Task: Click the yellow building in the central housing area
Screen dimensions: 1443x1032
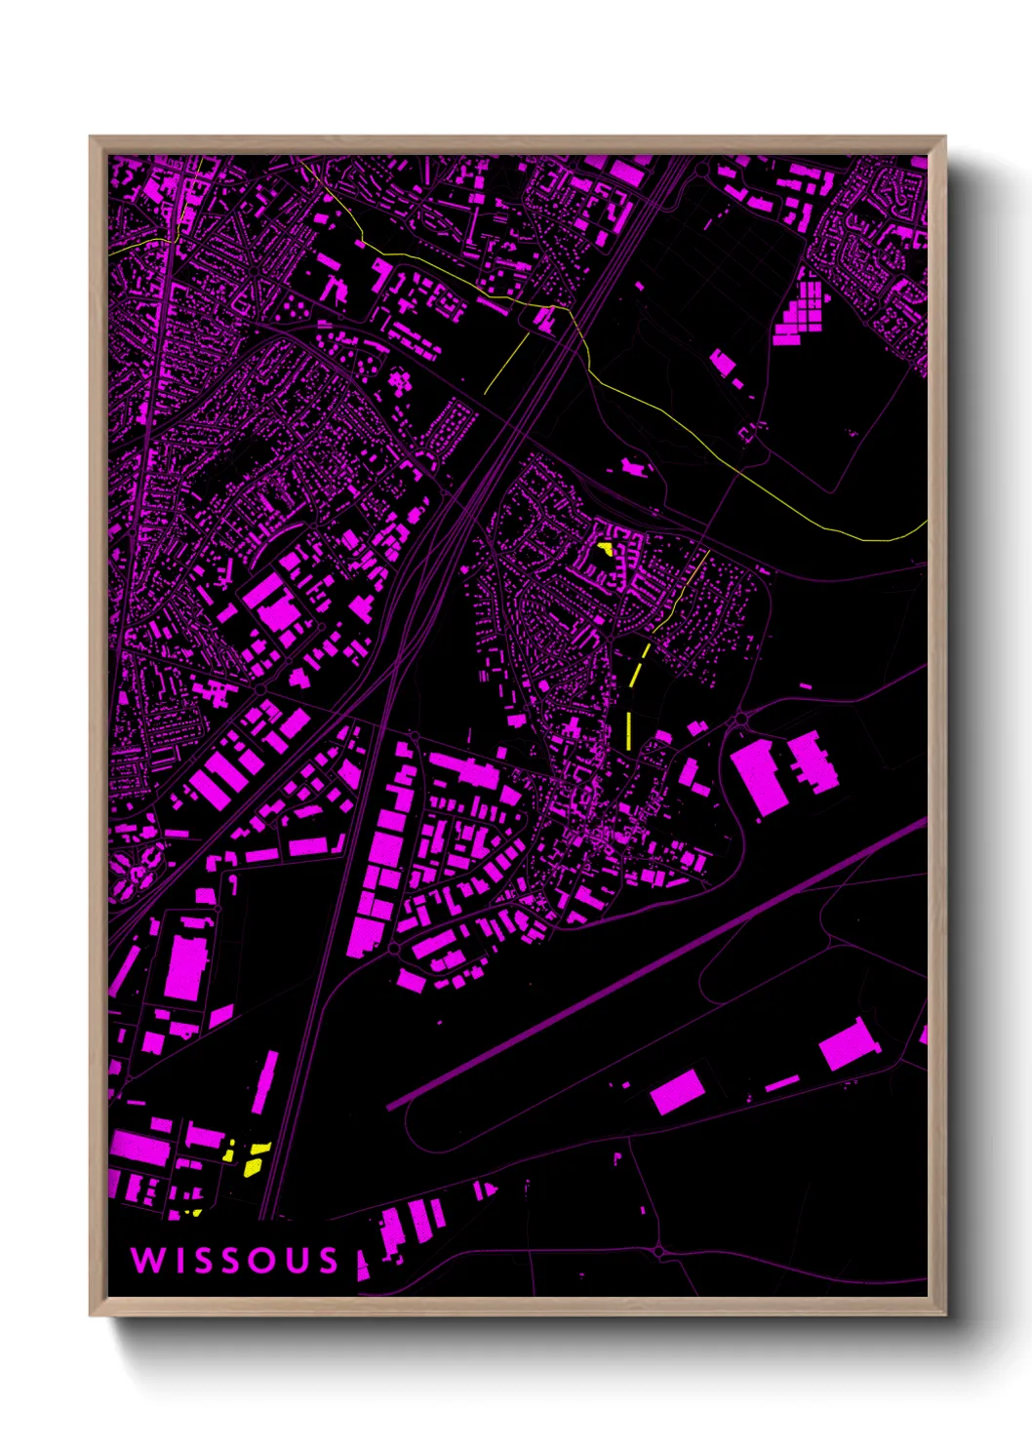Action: tap(604, 548)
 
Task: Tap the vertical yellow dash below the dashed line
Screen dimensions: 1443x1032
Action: tap(629, 730)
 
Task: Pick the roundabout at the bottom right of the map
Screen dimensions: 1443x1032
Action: tap(659, 1250)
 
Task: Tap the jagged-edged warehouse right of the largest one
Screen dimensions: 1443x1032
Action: tap(812, 761)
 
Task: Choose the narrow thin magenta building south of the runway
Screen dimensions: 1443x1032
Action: tap(781, 1082)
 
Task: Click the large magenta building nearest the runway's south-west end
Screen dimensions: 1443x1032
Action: tap(677, 1091)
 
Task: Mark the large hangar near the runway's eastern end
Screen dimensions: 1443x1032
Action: tap(847, 1044)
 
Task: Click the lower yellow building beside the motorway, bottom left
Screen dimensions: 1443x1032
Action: tap(254, 1166)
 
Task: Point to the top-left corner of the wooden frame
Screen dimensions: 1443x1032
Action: tap(92, 138)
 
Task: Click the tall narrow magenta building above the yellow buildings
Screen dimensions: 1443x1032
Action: tap(264, 1082)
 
